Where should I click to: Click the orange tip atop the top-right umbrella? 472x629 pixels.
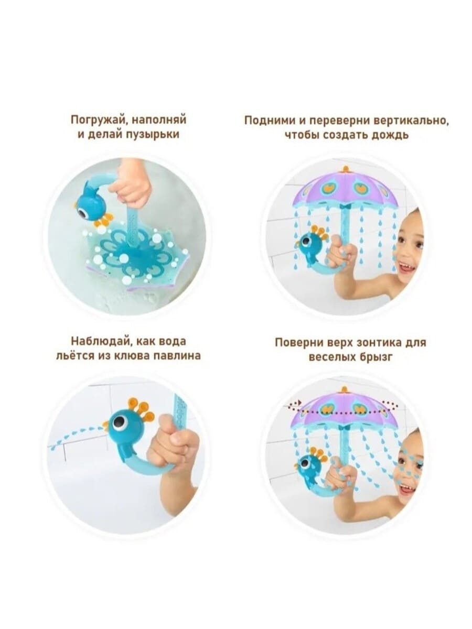[347, 169]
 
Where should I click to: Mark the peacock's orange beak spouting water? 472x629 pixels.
[106, 425]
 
